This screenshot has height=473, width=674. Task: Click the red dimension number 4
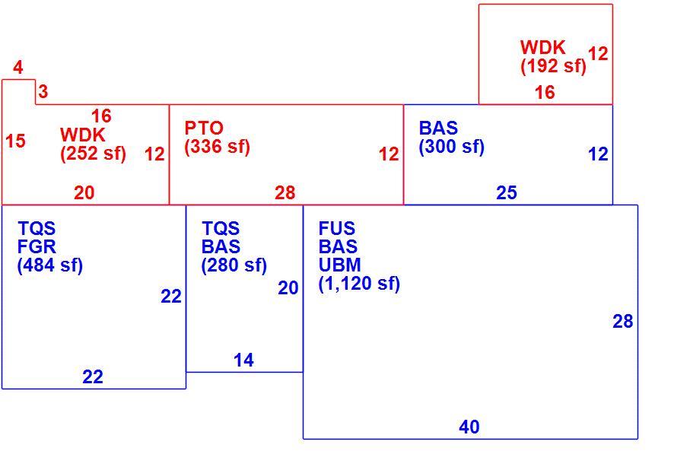click(18, 68)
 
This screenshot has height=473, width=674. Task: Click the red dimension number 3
click(43, 91)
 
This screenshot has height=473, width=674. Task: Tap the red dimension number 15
click(15, 141)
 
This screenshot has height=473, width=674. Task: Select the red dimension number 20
click(84, 192)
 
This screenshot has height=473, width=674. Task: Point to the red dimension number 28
click(285, 192)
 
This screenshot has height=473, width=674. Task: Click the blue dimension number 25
click(507, 192)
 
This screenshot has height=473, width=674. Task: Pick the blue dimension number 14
click(243, 360)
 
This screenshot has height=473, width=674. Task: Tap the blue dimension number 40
click(469, 427)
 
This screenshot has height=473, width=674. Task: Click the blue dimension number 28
click(622, 322)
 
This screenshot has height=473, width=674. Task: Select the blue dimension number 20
click(288, 288)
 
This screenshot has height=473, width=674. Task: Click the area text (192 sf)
click(553, 65)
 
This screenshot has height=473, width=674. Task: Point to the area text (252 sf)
click(94, 154)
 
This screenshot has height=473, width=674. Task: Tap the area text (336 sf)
click(217, 147)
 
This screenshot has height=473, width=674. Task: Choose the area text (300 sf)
click(452, 147)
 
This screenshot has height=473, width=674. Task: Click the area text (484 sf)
click(50, 265)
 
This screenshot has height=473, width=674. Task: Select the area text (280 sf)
click(234, 265)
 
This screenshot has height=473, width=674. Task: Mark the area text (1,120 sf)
click(359, 284)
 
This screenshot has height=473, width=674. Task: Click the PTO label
click(204, 128)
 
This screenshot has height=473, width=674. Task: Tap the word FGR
click(37, 246)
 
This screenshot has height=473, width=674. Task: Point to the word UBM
click(339, 265)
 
